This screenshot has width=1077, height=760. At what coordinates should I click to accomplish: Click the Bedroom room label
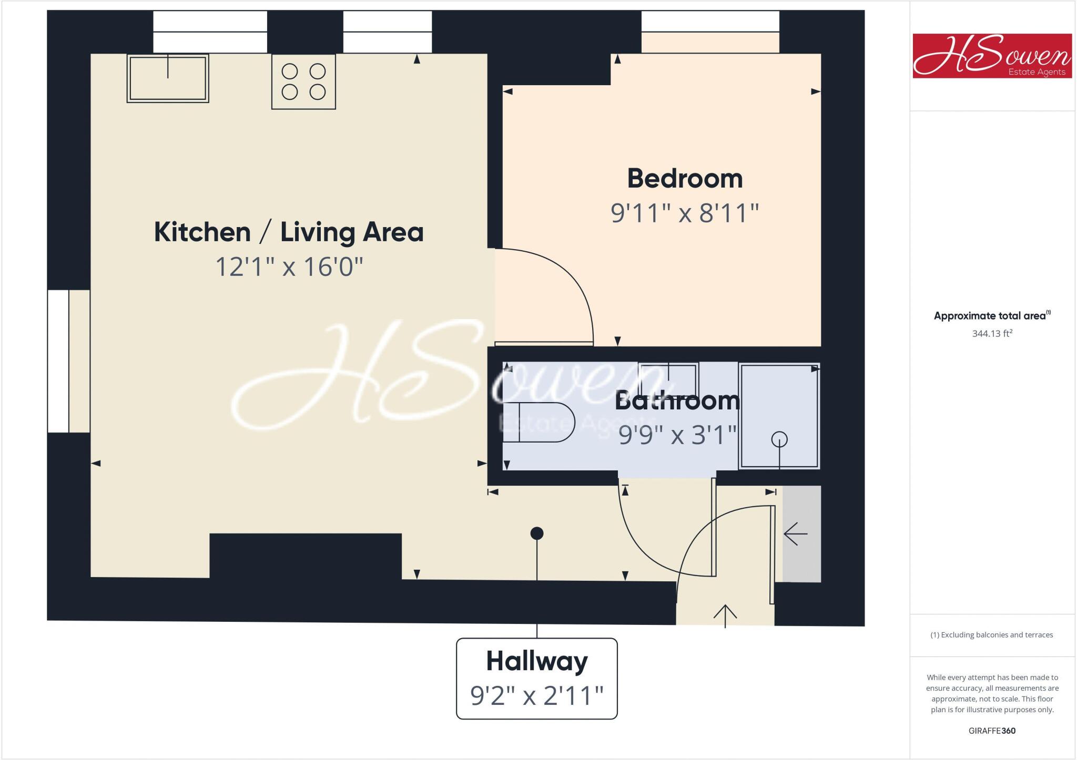[685, 179]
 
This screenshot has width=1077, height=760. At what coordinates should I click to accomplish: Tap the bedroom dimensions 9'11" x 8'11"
[685, 213]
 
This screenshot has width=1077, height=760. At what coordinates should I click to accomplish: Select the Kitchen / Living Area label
[289, 232]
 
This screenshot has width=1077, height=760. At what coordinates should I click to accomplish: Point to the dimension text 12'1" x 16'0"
[289, 266]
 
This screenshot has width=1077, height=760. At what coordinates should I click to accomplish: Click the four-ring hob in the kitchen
[303, 81]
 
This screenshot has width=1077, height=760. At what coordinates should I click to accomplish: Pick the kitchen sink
[168, 78]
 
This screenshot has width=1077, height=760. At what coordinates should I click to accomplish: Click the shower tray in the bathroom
[779, 415]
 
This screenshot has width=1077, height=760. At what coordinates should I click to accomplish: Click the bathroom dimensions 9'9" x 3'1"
[677, 435]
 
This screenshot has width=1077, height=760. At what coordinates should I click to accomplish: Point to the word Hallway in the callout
[536, 661]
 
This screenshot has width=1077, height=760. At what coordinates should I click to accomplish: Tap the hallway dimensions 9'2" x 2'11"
[536, 696]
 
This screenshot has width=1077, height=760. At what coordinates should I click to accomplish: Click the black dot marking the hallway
[536, 533]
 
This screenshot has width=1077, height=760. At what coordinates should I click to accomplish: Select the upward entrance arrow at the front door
[725, 615]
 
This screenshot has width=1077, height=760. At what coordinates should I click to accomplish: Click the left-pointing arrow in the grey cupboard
[795, 535]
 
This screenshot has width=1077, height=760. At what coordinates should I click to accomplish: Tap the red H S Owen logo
[992, 56]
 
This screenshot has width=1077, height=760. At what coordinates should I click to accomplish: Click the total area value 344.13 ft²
[992, 333]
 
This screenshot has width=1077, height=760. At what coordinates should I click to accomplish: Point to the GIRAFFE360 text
[992, 731]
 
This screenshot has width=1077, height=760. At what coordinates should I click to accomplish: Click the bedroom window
[710, 22]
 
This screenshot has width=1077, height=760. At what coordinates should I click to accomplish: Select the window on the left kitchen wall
[58, 361]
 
